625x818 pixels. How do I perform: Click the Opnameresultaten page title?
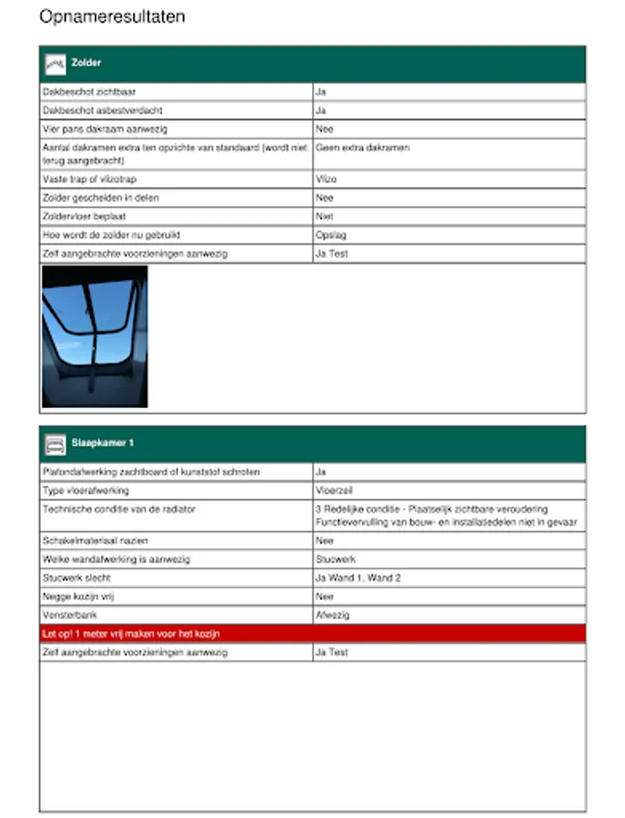tap(112, 16)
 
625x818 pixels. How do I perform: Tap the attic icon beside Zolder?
tap(55, 64)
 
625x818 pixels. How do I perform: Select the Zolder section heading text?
tap(86, 64)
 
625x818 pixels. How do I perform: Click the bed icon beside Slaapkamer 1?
tap(55, 444)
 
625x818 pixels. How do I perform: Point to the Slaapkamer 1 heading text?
tap(103, 444)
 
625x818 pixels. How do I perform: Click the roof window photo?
tap(95, 336)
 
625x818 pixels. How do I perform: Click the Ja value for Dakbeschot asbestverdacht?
tap(321, 111)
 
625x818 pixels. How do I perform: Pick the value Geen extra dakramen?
tap(362, 147)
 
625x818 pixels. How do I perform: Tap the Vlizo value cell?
tap(326, 179)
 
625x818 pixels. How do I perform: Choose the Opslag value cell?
tap(330, 235)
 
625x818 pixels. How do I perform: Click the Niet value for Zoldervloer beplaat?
tap(325, 216)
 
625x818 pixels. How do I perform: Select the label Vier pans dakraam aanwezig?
tap(105, 129)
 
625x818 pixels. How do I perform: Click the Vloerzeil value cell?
tap(333, 491)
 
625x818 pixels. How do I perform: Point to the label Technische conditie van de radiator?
tap(119, 509)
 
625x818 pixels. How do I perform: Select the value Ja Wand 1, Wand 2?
tap(358, 578)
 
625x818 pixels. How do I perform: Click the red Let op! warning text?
tap(131, 633)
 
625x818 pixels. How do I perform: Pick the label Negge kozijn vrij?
tap(78, 596)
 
